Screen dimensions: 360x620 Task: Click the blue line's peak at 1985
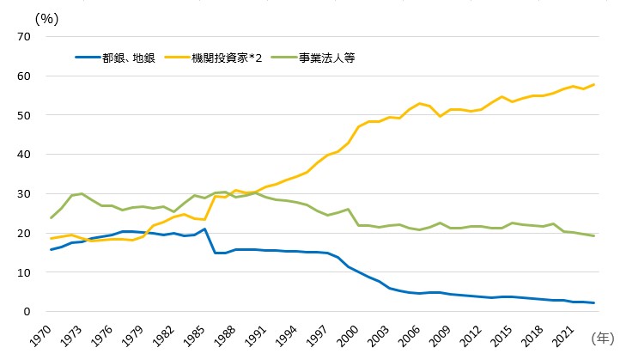click(204, 229)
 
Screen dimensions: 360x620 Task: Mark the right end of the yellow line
click(594, 84)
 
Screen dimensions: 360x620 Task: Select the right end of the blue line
click(594, 303)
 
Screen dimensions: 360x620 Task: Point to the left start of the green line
click(51, 218)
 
